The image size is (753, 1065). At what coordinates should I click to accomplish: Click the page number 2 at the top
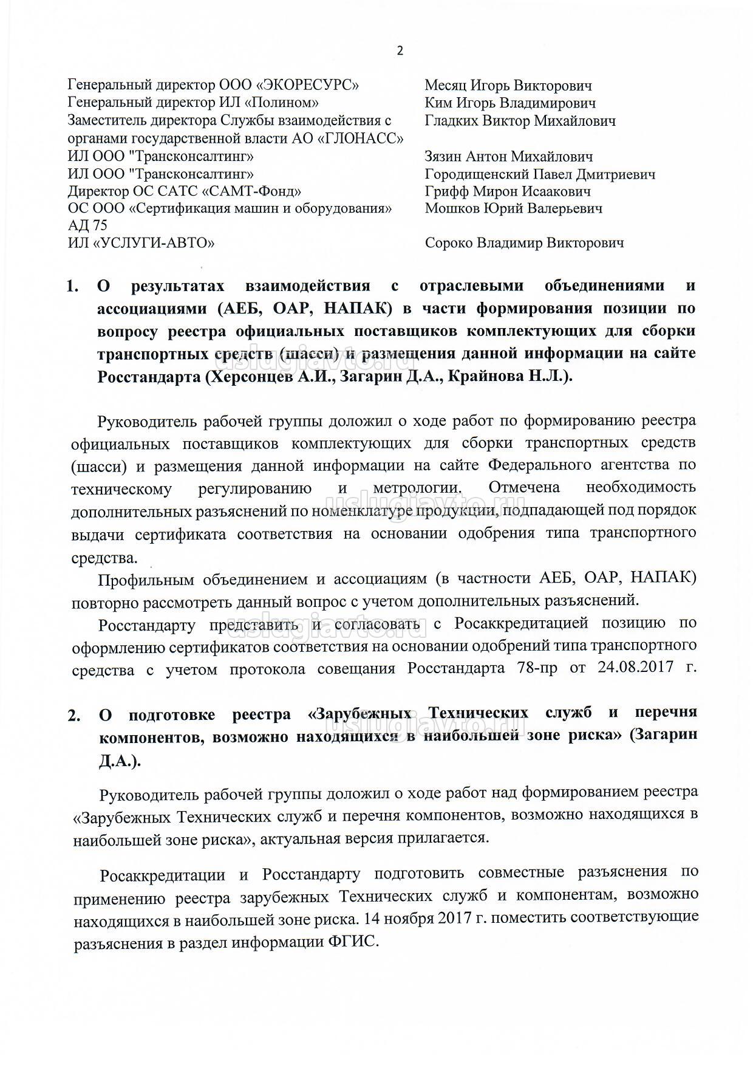coord(400,51)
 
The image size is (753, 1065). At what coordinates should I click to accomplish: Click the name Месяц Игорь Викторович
coord(508,86)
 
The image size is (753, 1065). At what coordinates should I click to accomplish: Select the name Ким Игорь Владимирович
coord(509,103)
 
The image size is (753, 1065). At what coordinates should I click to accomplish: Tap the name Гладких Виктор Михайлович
coord(520,121)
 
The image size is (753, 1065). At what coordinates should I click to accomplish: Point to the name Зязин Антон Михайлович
coord(509,157)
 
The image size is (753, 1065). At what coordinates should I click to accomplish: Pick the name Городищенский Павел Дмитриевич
coord(540,174)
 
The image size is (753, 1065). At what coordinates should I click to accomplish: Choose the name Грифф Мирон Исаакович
coord(508,192)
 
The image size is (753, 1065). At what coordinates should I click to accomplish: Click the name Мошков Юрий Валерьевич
coord(513,209)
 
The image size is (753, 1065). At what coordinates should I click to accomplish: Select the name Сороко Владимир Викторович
coord(524,244)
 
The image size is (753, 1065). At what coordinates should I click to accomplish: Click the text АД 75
coord(87,226)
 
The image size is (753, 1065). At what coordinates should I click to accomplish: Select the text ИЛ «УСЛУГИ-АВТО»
coord(141,244)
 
